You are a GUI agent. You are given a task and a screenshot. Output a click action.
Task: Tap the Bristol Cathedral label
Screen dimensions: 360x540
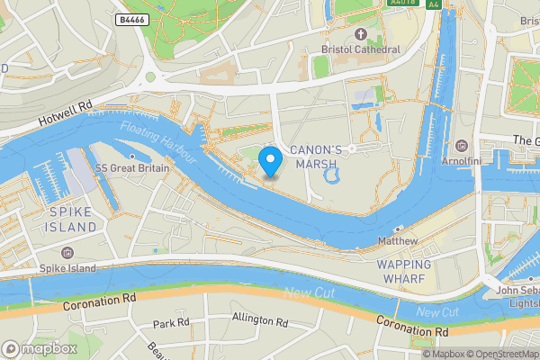coord(360,49)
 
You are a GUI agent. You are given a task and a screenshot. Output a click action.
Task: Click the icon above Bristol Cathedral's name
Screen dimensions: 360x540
coord(360,34)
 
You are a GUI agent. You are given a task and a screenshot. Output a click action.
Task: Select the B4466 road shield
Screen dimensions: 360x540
coord(133,19)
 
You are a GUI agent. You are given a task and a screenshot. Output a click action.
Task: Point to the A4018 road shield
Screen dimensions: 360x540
coord(401,4)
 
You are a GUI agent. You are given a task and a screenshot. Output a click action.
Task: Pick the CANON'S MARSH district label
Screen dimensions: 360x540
coord(313,156)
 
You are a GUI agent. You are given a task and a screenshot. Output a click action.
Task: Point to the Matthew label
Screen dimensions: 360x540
coord(398,241)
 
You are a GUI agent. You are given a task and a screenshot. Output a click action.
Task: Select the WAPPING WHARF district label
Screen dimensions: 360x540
coord(403,272)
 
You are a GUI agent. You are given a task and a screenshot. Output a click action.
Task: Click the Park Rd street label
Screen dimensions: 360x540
coord(171,323)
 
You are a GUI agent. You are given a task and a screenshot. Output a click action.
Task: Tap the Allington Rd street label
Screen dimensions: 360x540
coord(259,320)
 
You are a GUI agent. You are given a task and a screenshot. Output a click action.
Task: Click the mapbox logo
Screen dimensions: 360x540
coord(40,348)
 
